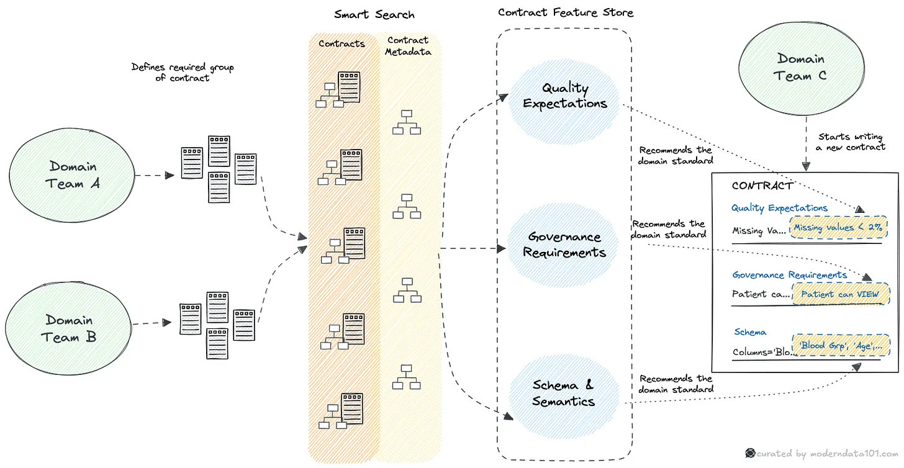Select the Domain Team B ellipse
(x=70, y=328)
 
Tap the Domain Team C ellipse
(x=800, y=68)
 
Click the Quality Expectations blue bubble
(x=564, y=96)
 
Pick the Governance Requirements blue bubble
(x=564, y=245)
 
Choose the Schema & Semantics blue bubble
(x=563, y=394)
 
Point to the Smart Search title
(x=374, y=14)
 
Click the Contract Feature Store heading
(x=566, y=12)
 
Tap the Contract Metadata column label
(x=407, y=47)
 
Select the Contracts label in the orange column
(x=341, y=43)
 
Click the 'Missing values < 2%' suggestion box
(x=838, y=227)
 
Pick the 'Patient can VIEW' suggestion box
(x=839, y=294)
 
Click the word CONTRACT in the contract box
(x=762, y=185)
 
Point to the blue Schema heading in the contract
(x=750, y=332)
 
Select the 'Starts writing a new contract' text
(x=851, y=142)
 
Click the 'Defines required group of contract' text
(x=183, y=73)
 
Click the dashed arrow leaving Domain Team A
(x=154, y=176)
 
